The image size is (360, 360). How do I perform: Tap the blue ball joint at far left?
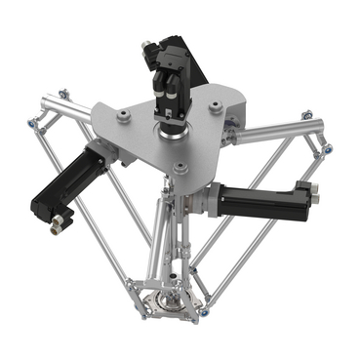[32, 126]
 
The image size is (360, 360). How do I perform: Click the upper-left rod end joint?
[64, 94]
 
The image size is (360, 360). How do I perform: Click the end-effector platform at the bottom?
[168, 303]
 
